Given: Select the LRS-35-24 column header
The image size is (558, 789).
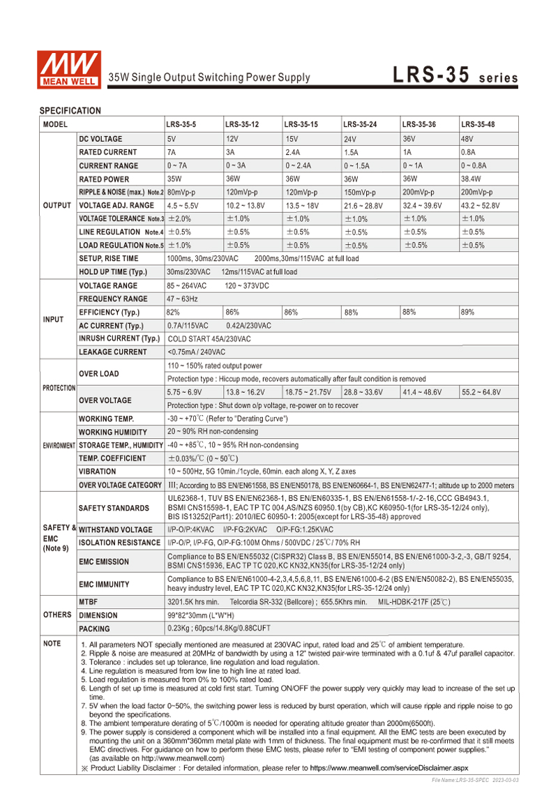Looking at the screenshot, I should [x=360, y=125].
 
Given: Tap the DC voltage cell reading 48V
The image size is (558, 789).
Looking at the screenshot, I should [x=467, y=139].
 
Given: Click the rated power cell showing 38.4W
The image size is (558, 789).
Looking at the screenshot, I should [x=472, y=179].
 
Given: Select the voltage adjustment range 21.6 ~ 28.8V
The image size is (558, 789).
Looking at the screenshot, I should [x=364, y=206].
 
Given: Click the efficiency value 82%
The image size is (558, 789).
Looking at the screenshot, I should [x=174, y=312].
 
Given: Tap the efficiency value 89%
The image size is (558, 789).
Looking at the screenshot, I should [x=467, y=312].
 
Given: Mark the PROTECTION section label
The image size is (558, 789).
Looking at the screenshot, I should [x=59, y=387].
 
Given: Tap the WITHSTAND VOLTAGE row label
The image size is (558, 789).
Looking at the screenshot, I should [x=115, y=529].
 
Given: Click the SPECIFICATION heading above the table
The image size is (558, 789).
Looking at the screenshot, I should [x=70, y=111].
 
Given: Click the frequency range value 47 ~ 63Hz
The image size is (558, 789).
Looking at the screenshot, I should [x=183, y=299].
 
